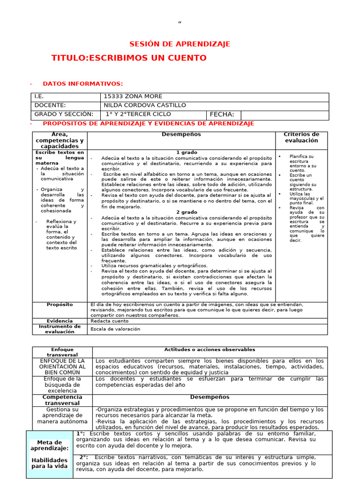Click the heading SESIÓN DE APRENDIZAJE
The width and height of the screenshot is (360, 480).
pyautogui.click(x=180, y=44)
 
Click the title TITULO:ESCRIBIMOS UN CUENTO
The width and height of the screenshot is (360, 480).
pyautogui.click(x=129, y=58)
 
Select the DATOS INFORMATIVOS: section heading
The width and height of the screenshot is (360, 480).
pyautogui.click(x=82, y=84)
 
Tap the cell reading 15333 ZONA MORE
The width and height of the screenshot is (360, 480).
pyautogui.click(x=124, y=97)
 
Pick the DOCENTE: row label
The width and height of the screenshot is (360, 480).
pyautogui.click(x=50, y=105)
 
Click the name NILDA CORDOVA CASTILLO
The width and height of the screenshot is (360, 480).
pyautogui.click(x=144, y=105)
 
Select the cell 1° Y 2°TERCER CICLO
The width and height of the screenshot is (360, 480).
pyautogui.click(x=138, y=114)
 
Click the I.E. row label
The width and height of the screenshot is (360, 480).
pyautogui.click(x=39, y=97)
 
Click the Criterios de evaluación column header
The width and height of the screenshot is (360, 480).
pyautogui.click(x=301, y=137)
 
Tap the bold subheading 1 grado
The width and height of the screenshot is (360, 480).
pyautogui.click(x=187, y=153)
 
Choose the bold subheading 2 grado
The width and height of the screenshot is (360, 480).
pyautogui.click(x=187, y=212)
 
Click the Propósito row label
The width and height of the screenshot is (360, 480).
pyautogui.click(x=60, y=305)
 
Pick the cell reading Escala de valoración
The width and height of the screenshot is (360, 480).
pyautogui.click(x=115, y=329)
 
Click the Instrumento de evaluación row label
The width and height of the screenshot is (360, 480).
pyautogui.click(x=60, y=329)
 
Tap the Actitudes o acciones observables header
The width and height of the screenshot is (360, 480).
pyautogui.click(x=210, y=350)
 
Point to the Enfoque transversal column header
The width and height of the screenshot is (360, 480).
pyautogui.click(x=62, y=352)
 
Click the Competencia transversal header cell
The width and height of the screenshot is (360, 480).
pyautogui.click(x=62, y=400)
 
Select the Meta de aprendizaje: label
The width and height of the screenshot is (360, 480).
pyautogui.click(x=50, y=445)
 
